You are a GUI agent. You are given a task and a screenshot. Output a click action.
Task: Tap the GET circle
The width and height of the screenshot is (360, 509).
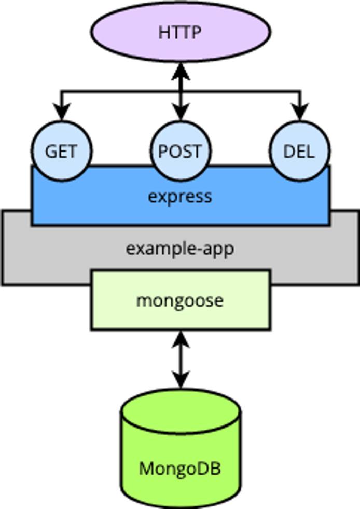pos(62,151)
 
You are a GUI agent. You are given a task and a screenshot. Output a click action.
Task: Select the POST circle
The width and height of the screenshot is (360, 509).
pos(181,151)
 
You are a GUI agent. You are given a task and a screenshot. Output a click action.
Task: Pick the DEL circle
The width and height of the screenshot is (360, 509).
pos(300,151)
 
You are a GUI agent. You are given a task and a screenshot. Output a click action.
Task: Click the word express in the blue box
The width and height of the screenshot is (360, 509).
pos(180,197)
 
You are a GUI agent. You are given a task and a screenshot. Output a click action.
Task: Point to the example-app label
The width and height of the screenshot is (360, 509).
pos(180,249)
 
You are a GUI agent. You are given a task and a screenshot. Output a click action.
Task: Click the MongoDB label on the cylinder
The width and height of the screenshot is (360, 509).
pos(180,469)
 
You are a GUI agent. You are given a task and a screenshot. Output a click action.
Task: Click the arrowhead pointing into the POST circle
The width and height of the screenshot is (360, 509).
pos(181,113)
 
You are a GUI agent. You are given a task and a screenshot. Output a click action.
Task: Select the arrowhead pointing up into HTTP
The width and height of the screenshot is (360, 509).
pos(181,71)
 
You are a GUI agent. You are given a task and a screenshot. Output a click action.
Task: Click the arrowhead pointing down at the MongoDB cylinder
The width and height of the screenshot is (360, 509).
pos(181,380)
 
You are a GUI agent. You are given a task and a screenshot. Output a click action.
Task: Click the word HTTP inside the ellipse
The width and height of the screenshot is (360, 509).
pos(180,33)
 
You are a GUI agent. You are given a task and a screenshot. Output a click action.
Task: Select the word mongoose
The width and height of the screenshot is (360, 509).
pos(180,300)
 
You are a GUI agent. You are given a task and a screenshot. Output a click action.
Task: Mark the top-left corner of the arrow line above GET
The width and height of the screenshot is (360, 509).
pos(62,92)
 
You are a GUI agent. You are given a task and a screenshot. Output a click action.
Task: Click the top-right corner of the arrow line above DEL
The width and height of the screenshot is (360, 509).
pos(300,92)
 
